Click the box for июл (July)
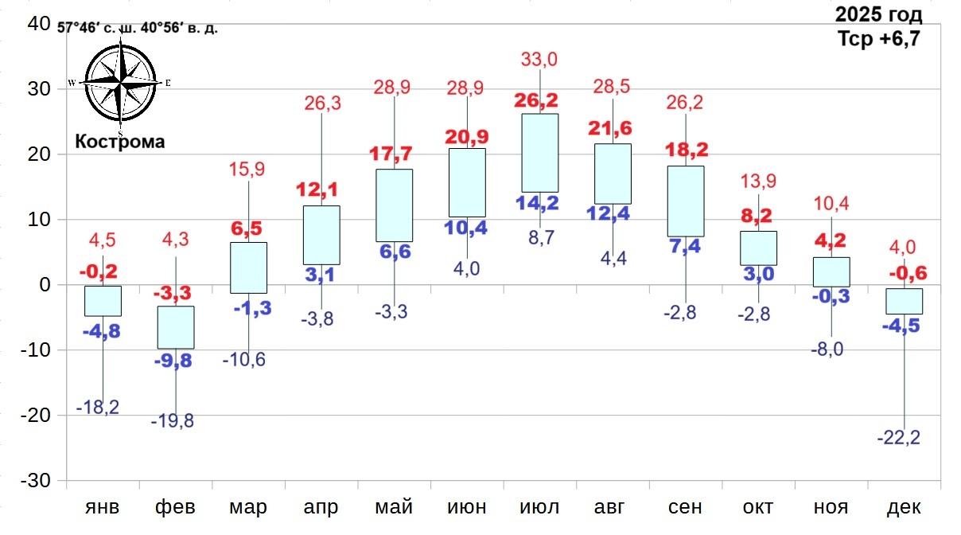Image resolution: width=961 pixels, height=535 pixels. [x=539, y=153]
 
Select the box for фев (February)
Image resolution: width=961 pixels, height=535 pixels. [x=175, y=327]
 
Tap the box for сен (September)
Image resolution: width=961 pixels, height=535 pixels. [x=686, y=201]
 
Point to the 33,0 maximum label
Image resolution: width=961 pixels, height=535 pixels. [x=539, y=58]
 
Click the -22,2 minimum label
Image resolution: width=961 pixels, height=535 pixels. [x=898, y=437]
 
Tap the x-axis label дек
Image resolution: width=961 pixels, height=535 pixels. [x=904, y=506]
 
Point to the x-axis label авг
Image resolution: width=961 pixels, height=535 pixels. [x=613, y=506]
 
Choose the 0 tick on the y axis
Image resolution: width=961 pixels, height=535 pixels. [x=45, y=285]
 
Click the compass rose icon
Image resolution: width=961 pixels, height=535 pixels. [x=121, y=82]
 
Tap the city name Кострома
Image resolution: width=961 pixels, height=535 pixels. [x=120, y=142]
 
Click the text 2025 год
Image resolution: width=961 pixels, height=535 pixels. [x=878, y=14]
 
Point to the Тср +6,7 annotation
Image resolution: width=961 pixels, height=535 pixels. [x=878, y=38]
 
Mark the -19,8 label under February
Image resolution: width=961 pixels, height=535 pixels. [x=173, y=421]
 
